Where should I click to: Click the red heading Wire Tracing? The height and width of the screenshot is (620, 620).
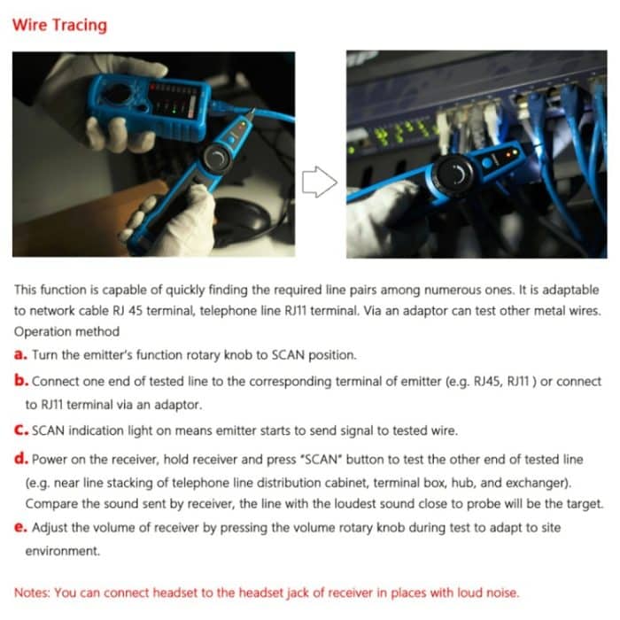point(59,25)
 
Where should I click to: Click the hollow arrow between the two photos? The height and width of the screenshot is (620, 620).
point(320,182)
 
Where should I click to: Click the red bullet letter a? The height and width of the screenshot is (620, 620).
point(20,354)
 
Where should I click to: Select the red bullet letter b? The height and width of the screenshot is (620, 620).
point(20,382)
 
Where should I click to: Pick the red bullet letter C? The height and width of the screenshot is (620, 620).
point(20,431)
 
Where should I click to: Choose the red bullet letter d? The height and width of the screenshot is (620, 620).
point(20,460)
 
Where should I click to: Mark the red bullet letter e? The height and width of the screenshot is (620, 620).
point(20,527)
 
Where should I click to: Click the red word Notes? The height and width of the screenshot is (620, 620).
point(34,592)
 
